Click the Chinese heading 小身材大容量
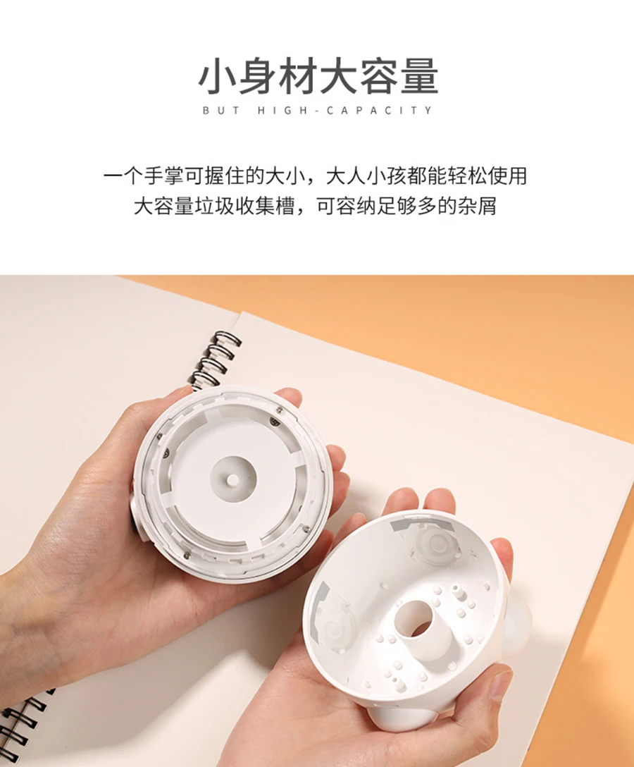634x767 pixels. (318, 76)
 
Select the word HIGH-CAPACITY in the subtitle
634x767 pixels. (344, 111)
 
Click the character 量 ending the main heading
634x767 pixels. (419, 76)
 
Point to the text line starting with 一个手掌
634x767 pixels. (316, 176)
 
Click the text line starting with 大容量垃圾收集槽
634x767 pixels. (316, 206)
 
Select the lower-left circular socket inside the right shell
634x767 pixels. (336, 630)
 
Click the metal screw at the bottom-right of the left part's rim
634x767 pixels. (306, 528)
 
